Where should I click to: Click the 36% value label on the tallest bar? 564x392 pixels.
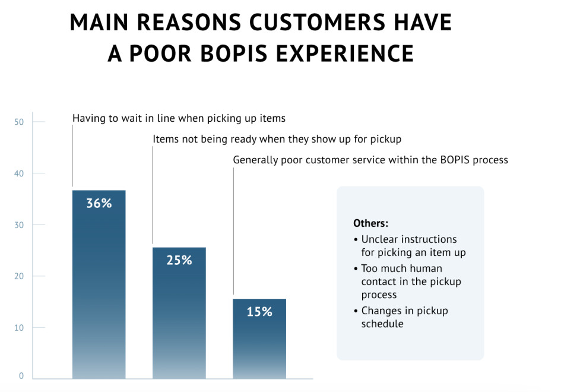click(x=99, y=203)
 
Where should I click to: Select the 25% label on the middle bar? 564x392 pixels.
click(x=179, y=260)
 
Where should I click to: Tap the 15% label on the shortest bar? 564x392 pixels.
click(x=259, y=311)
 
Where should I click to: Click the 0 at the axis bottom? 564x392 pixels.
click(x=21, y=375)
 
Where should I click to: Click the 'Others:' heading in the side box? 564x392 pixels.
click(x=370, y=223)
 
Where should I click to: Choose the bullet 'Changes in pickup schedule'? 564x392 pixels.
click(x=404, y=317)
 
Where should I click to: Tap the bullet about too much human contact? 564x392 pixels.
click(x=411, y=282)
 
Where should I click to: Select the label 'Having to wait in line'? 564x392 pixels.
click(x=179, y=118)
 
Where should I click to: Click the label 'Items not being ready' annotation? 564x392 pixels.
click(x=277, y=139)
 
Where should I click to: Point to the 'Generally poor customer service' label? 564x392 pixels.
click(x=370, y=160)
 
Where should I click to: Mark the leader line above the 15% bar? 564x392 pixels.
click(x=233, y=232)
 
